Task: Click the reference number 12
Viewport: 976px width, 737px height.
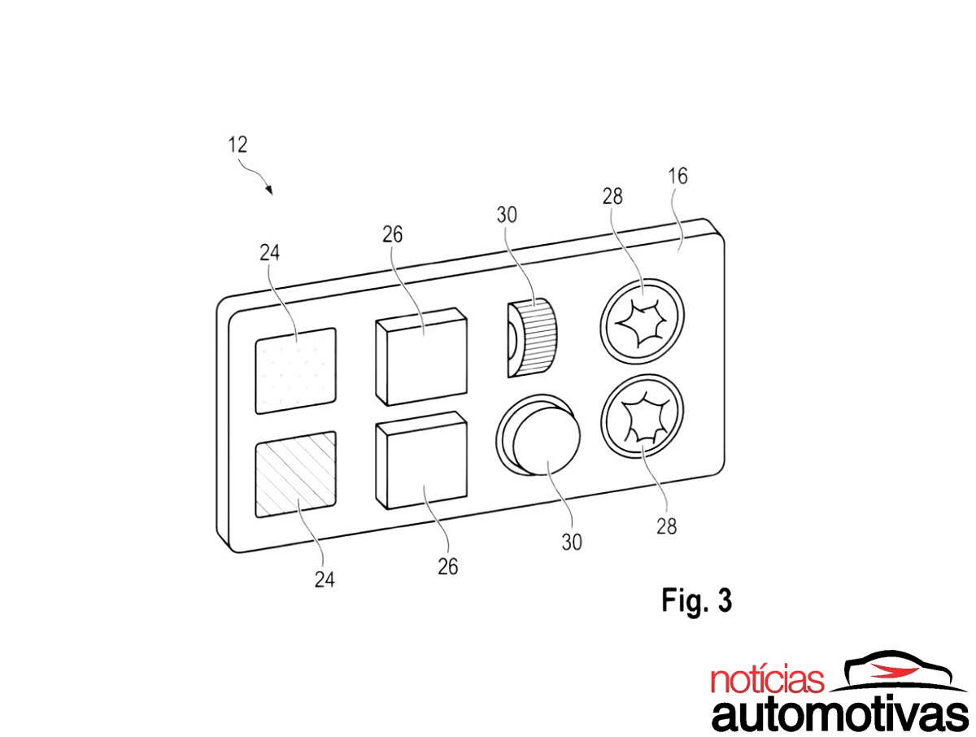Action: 237,145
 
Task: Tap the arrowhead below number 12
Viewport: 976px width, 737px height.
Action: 268,190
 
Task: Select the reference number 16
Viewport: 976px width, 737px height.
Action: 678,176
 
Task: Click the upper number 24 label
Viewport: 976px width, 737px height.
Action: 269,253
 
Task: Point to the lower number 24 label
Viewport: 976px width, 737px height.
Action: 325,580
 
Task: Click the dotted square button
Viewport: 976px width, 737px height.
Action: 295,371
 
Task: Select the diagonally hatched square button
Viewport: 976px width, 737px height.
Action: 295,474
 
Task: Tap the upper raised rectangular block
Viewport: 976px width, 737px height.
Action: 421,356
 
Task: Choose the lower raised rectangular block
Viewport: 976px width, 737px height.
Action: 421,460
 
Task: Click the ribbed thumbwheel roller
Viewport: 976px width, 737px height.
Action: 533,338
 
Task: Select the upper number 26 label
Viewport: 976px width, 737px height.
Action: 392,234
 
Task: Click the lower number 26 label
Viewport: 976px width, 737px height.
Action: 447,567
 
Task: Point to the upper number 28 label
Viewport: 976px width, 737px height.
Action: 612,196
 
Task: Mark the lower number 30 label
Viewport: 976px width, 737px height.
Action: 572,543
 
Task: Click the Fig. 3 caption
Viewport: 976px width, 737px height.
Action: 696,600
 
